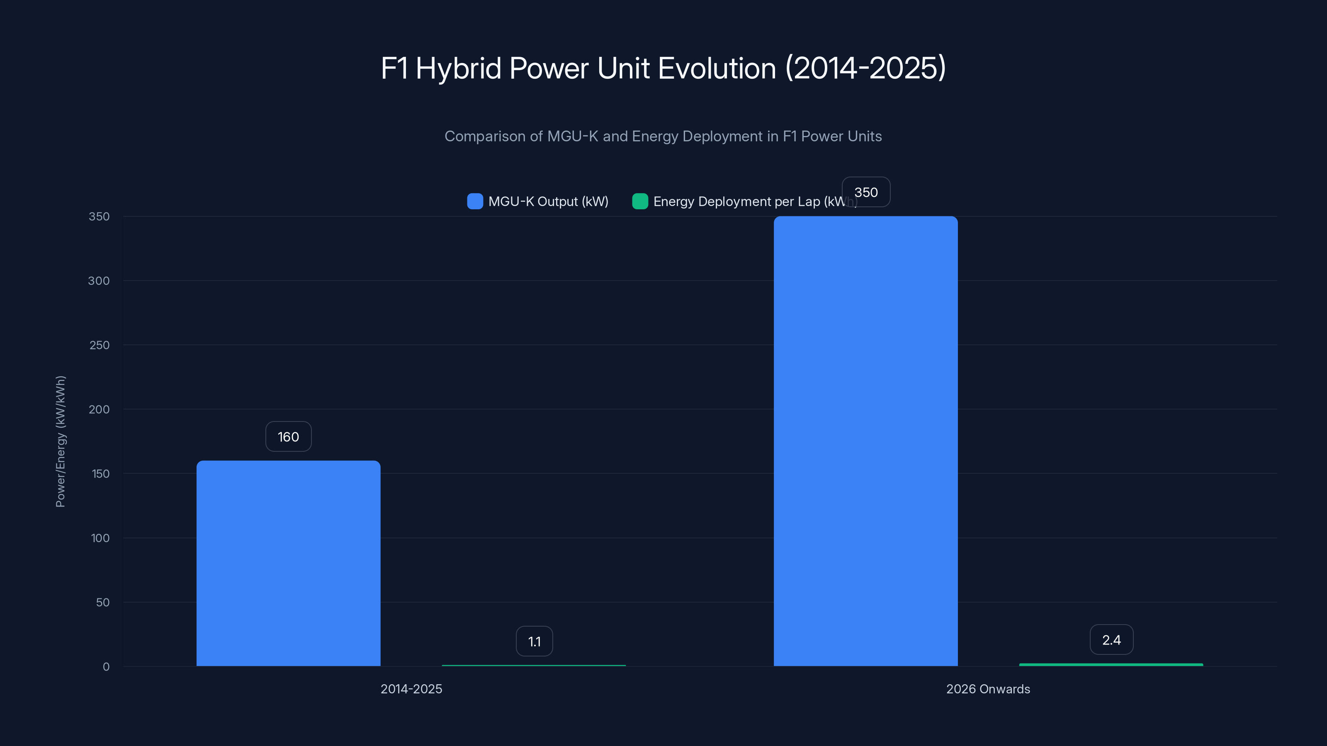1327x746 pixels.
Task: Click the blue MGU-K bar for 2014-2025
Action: (289, 563)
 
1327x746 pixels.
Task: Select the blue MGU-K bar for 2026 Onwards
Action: (865, 441)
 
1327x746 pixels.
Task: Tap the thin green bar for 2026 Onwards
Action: (1111, 665)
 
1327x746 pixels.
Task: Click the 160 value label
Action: (289, 436)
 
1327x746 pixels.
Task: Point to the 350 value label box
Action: (866, 192)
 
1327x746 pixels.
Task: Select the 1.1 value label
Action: (534, 641)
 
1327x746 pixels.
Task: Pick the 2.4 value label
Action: (1111, 639)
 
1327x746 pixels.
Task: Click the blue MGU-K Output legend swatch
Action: (475, 201)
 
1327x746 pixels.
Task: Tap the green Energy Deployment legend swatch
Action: (640, 201)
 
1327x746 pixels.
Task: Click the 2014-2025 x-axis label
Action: (411, 689)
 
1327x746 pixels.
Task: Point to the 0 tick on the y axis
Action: (106, 667)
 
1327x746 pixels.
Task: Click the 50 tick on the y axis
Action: (102, 602)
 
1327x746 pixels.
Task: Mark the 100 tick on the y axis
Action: (100, 538)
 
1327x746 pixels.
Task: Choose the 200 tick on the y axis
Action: (99, 409)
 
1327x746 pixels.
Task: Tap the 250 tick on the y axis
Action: (100, 345)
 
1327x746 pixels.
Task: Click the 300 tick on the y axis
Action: (99, 281)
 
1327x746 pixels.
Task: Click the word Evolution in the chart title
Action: (717, 68)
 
